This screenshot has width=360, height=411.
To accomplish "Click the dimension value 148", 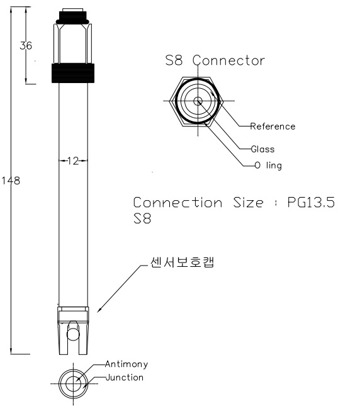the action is pyautogui.click(x=11, y=181).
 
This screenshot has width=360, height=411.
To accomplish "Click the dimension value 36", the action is pyautogui.click(x=26, y=45).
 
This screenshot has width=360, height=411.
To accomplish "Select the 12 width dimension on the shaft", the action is pyautogui.click(x=73, y=160).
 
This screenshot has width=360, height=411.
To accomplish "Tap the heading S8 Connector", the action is pyautogui.click(x=215, y=60).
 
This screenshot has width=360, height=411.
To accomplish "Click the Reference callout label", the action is pyautogui.click(x=273, y=127).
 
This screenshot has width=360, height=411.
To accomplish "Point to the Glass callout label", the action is pyautogui.click(x=263, y=149).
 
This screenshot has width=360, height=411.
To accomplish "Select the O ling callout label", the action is pyautogui.click(x=268, y=166).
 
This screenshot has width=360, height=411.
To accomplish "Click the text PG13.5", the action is pyautogui.click(x=311, y=203).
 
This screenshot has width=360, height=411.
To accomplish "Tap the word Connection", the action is pyautogui.click(x=177, y=203).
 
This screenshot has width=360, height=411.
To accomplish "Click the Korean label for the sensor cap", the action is pyautogui.click(x=182, y=262).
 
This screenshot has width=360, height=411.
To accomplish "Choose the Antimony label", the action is pyautogui.click(x=127, y=364).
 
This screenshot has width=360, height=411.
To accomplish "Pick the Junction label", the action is pyautogui.click(x=125, y=378).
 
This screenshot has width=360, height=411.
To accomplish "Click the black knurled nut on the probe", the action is pyautogui.click(x=73, y=73).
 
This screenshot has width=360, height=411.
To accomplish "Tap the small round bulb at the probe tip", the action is pyautogui.click(x=73, y=334).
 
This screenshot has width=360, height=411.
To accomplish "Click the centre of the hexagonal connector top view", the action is pyautogui.click(x=198, y=101).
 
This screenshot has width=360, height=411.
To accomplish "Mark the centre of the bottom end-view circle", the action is pyautogui.click(x=73, y=384).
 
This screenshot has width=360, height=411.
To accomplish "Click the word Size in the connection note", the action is pyautogui.click(x=248, y=203).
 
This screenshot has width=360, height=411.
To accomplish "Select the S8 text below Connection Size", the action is pyautogui.click(x=142, y=218).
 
